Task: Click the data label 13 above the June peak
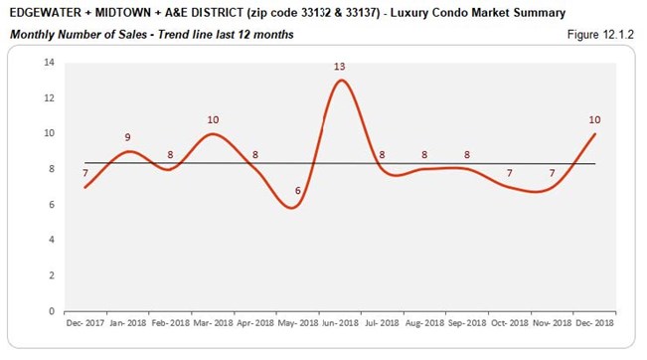click(340, 67)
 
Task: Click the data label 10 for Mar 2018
click(213, 119)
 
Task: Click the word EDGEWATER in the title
click(45, 13)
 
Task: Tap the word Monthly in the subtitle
click(33, 35)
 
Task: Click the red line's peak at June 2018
click(341, 81)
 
